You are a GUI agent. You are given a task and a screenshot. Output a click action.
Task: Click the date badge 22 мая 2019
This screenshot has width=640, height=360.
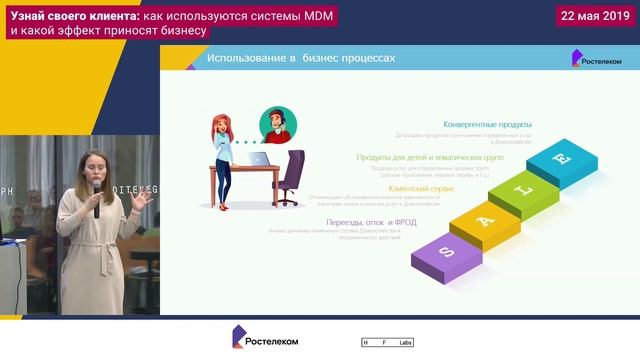coord(595,16)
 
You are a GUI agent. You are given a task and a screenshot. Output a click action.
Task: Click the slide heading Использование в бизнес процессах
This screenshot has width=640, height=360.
coord(301,59)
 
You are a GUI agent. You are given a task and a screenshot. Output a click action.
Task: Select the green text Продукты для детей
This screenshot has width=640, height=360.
coord(430,157)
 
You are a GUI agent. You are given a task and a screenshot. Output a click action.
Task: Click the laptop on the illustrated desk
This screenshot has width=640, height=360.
coord(258,158)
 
